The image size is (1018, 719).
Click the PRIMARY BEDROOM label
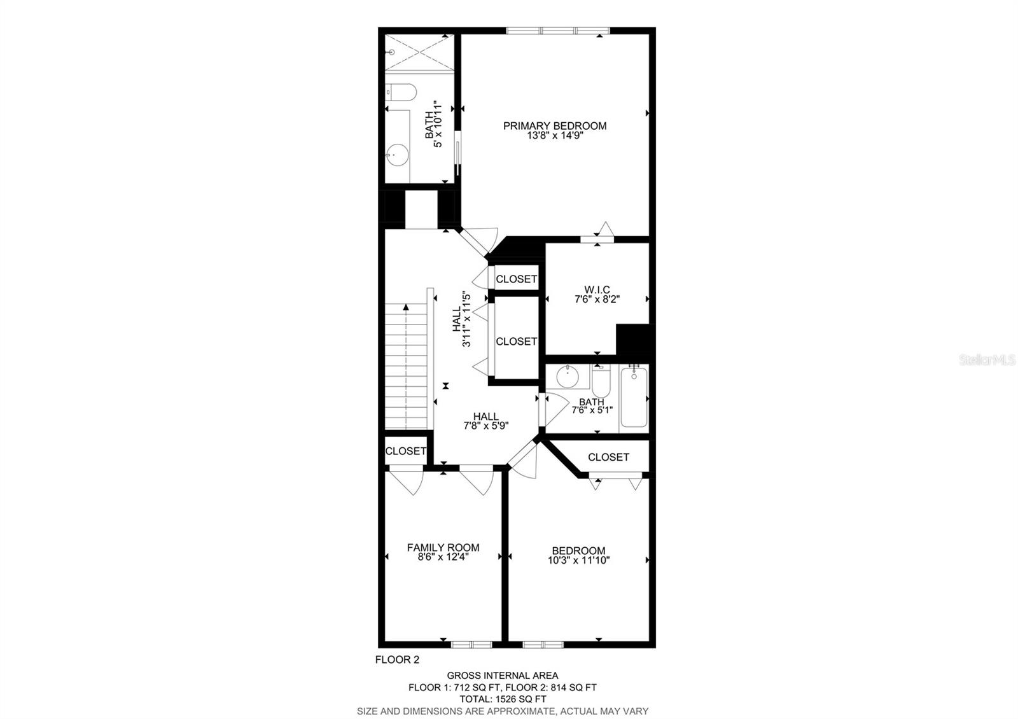(x=554, y=126)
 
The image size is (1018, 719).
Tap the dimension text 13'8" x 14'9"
(x=554, y=136)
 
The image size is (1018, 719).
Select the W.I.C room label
(x=596, y=290)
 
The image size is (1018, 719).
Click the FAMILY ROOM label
(x=443, y=547)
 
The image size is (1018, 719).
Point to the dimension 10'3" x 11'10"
(x=578, y=561)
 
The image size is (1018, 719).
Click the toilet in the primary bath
(x=401, y=93)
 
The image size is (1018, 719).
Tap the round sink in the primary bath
(x=398, y=153)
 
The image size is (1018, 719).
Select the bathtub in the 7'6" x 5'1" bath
(x=634, y=398)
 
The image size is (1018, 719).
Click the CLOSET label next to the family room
(x=405, y=451)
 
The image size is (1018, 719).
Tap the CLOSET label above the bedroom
(x=608, y=457)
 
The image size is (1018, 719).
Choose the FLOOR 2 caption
(x=397, y=660)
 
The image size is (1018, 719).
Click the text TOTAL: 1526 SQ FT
(x=502, y=699)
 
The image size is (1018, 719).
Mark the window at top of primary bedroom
(x=557, y=30)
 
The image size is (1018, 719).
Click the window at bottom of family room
(x=471, y=644)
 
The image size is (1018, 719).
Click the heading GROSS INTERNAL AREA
(x=502, y=676)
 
